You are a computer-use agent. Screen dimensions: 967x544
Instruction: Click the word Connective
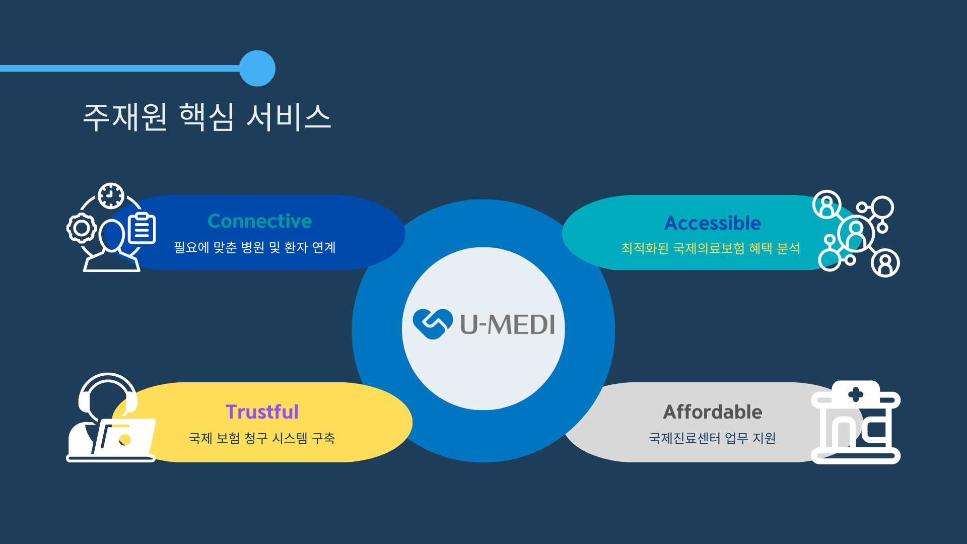coord(260,221)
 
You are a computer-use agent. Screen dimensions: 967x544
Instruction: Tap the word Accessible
coord(713,223)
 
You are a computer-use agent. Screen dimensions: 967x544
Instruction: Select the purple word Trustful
coord(262,412)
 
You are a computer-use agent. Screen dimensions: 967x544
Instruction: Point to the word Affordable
coord(713,412)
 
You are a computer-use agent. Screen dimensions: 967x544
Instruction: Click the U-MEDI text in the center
coord(508,324)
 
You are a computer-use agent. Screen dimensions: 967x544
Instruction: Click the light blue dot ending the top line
coord(257,69)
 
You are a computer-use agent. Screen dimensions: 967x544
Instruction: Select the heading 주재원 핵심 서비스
coord(207,117)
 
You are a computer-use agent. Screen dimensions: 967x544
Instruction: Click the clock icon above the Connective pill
coord(111,196)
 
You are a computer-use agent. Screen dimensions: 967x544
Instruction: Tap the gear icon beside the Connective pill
coord(82,228)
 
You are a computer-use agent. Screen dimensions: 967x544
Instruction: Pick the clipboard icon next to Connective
coord(142,228)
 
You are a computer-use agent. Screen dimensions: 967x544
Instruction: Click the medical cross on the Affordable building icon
coord(856,394)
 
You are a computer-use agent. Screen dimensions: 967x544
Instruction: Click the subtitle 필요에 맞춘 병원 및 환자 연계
coord(255,247)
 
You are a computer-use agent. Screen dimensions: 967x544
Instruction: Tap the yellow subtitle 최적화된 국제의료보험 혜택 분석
coord(711,248)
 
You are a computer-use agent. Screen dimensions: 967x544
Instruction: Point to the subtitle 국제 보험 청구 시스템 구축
coord(262,438)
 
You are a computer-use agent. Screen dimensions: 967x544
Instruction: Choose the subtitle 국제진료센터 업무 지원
coord(713,438)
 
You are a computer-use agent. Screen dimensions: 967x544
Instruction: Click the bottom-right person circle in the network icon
coord(885,263)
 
